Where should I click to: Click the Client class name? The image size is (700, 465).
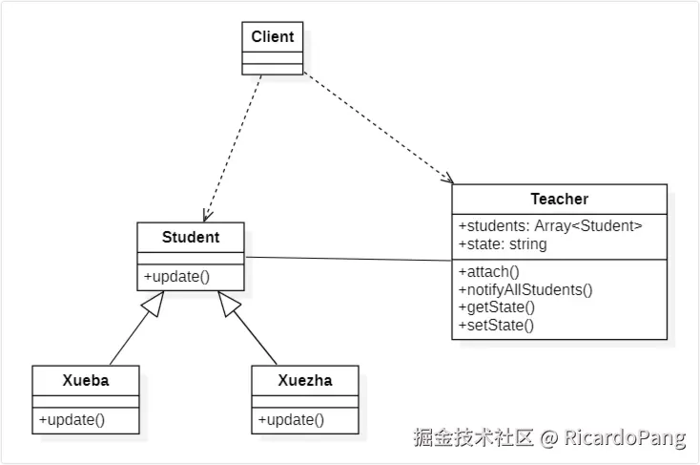pyautogui.click(x=273, y=37)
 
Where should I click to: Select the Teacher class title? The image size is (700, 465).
pyautogui.click(x=559, y=200)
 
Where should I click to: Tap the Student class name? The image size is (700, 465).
pyautogui.click(x=191, y=237)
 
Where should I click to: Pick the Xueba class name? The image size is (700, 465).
pyautogui.click(x=85, y=380)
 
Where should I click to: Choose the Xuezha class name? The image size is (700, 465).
pyautogui.click(x=305, y=380)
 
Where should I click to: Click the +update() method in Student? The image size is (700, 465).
pyautogui.click(x=176, y=277)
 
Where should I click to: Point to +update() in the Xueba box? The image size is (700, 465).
pyautogui.click(x=72, y=419)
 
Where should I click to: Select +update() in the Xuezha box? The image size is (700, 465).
pyautogui.click(x=291, y=419)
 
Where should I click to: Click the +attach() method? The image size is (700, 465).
pyautogui.click(x=489, y=271)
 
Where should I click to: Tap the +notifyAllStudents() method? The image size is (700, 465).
pyautogui.click(x=525, y=289)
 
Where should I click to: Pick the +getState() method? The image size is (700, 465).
pyautogui.click(x=497, y=306)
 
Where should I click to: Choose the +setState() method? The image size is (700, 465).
pyautogui.click(x=496, y=325)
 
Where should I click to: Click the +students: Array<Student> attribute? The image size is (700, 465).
pyautogui.click(x=550, y=226)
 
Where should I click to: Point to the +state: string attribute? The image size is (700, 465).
pyautogui.click(x=503, y=243)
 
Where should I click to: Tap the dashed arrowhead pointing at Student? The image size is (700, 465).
pyautogui.click(x=207, y=215)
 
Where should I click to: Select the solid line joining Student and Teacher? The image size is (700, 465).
pyautogui.click(x=348, y=258)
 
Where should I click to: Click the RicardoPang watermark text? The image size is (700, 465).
pyautogui.click(x=624, y=438)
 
